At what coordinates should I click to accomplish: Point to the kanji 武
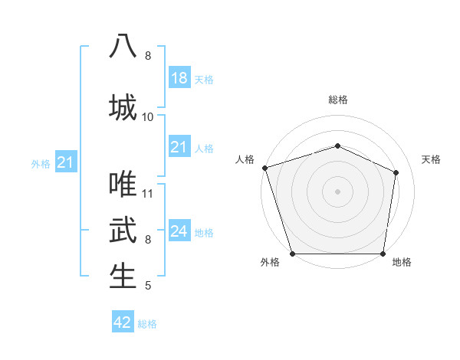[123, 230]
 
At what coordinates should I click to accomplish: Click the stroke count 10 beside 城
[148, 116]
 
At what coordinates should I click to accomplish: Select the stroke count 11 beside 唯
[148, 193]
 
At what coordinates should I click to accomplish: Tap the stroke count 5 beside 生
[148, 286]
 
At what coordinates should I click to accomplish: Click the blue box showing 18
[179, 77]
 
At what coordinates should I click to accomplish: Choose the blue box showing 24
[179, 231]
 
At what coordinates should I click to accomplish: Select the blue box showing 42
[123, 322]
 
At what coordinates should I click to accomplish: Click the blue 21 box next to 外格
[66, 162]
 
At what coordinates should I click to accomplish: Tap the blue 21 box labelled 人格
[179, 147]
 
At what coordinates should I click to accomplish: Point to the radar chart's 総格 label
[338, 100]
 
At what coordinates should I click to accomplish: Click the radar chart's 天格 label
[432, 159]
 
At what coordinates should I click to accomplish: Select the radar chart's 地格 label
[402, 263]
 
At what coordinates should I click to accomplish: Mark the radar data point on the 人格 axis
[264, 168]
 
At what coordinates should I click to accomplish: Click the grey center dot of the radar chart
[338, 191]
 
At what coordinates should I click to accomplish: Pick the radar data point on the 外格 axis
[293, 254]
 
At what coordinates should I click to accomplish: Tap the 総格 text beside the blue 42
[148, 324]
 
